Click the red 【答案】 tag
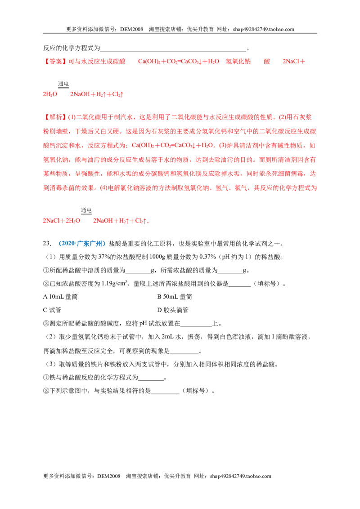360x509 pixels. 55,61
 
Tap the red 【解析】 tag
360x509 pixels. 55,117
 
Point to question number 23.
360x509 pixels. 47,243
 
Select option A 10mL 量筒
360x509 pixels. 60,297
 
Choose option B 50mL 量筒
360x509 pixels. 175,297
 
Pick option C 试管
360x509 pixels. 52,310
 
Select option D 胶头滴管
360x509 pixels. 173,310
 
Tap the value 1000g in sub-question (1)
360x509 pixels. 157,257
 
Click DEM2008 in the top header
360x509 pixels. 131,29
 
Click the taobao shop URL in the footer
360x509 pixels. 240,476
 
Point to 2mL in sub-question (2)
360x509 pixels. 168,337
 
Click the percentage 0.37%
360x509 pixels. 207,257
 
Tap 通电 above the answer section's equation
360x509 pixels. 63,84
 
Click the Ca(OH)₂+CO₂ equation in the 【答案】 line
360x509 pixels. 179,61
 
